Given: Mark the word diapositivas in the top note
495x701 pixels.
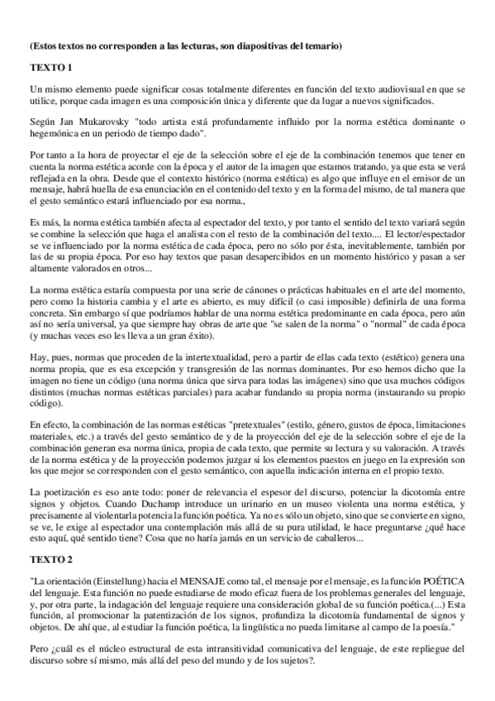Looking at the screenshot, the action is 258,44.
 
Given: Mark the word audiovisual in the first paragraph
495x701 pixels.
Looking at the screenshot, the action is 357,88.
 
